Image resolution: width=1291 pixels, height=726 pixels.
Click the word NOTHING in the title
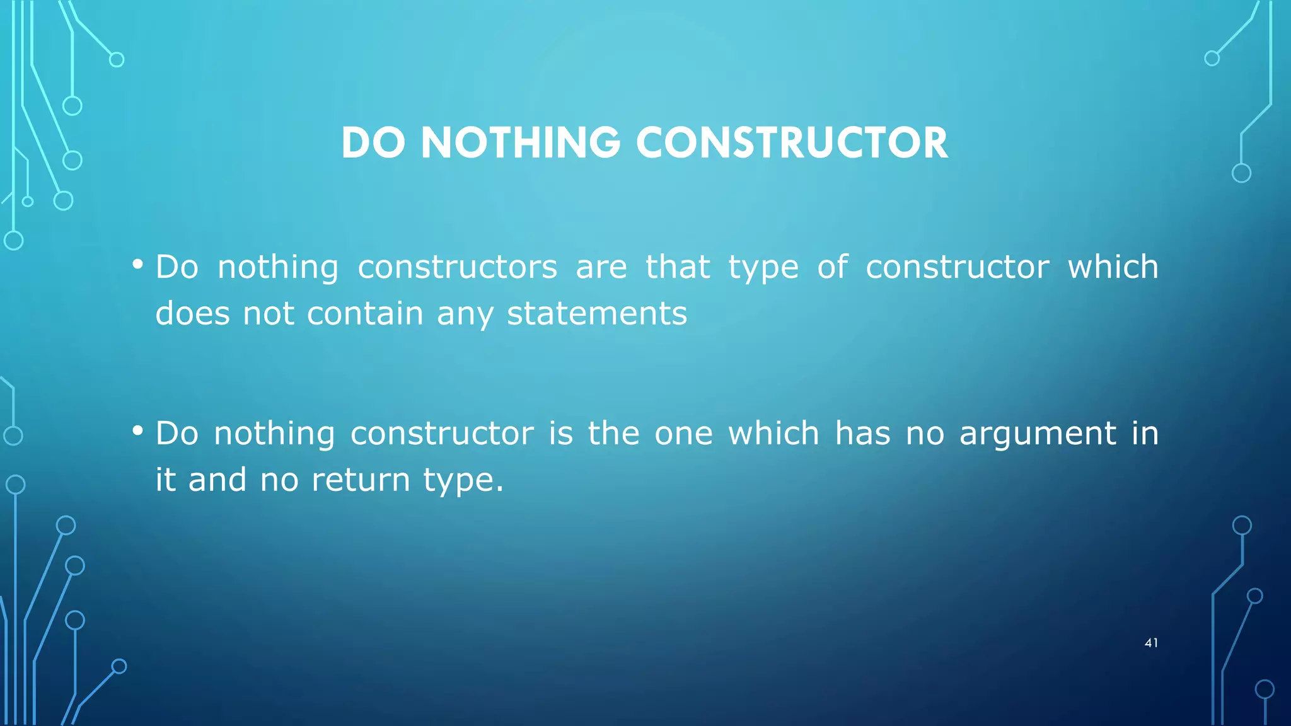pos(520,143)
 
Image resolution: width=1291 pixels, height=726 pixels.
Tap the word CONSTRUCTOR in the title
pos(791,143)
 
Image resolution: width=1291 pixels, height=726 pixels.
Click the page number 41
pos(1151,643)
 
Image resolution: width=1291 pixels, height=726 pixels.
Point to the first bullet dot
pos(137,264)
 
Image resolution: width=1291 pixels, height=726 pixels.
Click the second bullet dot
pos(137,431)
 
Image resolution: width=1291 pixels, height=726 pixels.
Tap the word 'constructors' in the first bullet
pos(457,267)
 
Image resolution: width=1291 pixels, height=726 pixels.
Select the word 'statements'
pos(596,314)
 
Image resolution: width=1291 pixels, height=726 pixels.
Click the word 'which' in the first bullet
pos(1113,267)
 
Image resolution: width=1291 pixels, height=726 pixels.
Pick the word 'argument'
pos(1038,434)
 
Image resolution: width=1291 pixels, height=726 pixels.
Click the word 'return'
pos(361,480)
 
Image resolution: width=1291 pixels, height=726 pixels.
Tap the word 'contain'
pos(365,314)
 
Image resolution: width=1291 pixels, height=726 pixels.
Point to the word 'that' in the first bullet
pos(678,267)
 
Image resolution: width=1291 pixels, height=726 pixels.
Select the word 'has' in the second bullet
pos(862,434)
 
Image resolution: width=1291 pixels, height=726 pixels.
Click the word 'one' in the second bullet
pos(683,434)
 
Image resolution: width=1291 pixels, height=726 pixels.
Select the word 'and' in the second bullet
pos(217,480)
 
